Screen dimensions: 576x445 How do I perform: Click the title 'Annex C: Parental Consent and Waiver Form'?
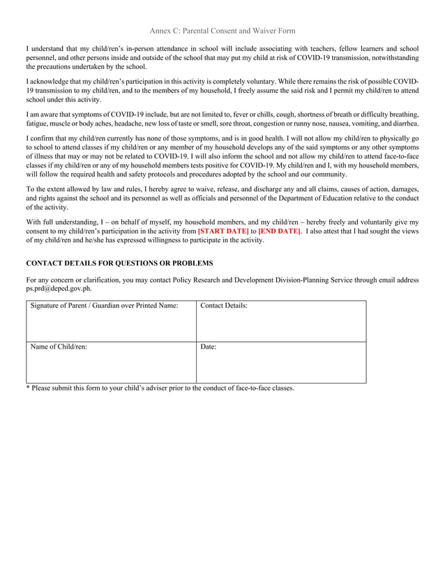tap(222, 31)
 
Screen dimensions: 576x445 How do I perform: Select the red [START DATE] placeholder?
tap(223, 231)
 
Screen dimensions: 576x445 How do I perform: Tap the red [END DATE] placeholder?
tap(280, 231)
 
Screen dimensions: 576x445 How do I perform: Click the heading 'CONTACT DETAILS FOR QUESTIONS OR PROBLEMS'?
tap(119, 263)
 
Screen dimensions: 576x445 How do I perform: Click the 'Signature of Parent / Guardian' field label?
tap(103, 306)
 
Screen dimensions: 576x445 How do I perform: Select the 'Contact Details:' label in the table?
tap(224, 306)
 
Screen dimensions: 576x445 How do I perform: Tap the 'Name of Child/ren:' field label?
tap(59, 347)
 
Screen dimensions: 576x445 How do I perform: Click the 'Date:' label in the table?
tap(209, 347)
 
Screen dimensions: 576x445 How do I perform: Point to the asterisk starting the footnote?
tap(28, 388)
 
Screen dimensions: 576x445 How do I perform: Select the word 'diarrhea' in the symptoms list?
tap(402, 123)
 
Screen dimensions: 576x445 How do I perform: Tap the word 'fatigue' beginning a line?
tap(38, 123)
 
